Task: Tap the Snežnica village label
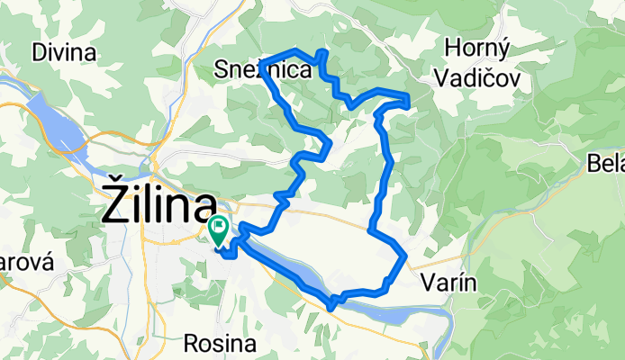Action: point(263,68)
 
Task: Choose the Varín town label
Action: point(447,283)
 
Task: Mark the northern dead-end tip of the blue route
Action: point(323,51)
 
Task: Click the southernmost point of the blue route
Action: point(331,307)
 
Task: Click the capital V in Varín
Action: point(428,283)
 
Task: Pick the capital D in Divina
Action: point(37,52)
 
